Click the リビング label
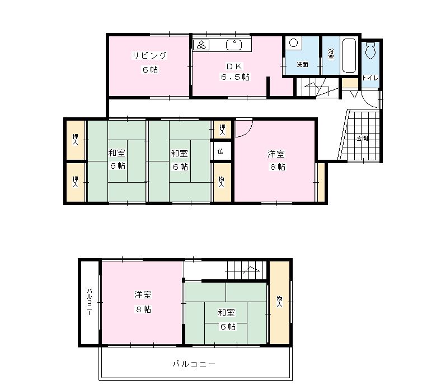tap(149, 56)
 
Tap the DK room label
tap(234, 66)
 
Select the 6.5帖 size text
tap(235, 77)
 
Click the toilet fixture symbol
tap(370, 50)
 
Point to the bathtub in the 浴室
tap(349, 55)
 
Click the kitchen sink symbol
tap(234, 45)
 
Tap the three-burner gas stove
tap(201, 45)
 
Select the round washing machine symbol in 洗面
tap(293, 43)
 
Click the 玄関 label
tap(362, 139)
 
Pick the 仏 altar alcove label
tap(220, 151)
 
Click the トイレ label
tap(370, 78)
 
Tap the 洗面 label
tap(302, 65)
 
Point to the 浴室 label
tap(331, 54)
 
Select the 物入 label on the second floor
tap(279, 302)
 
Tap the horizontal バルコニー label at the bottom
tap(194, 364)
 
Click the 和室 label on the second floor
tap(226, 312)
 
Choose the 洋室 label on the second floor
tap(143, 294)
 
